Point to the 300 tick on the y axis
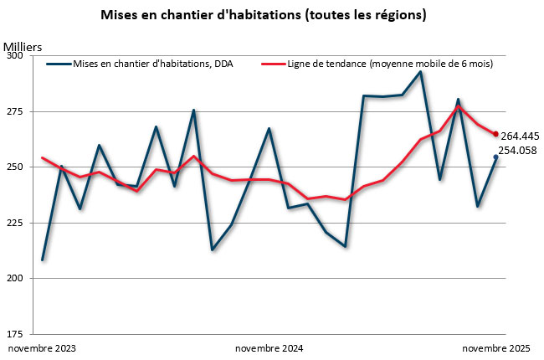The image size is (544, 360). [x=17, y=56]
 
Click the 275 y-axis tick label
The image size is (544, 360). [x=17, y=111]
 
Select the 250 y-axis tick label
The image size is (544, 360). [x=17, y=167]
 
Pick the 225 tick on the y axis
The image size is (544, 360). [x=17, y=223]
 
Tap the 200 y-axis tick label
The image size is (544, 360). [x=17, y=278]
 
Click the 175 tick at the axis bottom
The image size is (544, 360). [x=17, y=333]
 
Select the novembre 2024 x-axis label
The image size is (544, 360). [x=269, y=347]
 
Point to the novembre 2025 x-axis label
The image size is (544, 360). [x=496, y=347]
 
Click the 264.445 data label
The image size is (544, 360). [x=520, y=136]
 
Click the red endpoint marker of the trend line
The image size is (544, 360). [x=495, y=134]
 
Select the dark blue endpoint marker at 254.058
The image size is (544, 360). [x=495, y=157]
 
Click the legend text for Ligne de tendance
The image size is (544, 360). [x=389, y=64]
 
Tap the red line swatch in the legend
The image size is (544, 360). [x=273, y=64]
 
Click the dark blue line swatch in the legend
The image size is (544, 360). [x=59, y=64]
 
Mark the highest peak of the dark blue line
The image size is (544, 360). [x=420, y=72]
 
